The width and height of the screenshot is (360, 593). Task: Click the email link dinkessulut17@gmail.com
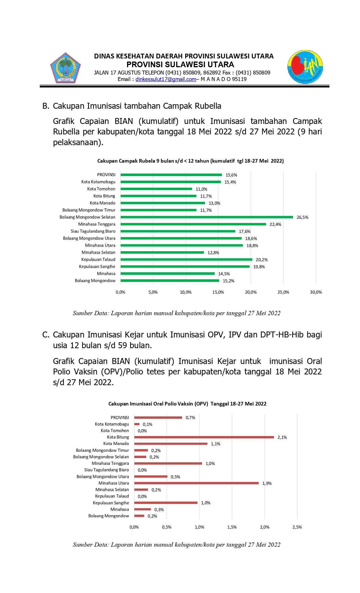click(165, 79)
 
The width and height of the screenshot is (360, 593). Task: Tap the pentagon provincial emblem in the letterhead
click(66, 68)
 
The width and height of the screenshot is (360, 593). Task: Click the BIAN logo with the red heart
click(305, 67)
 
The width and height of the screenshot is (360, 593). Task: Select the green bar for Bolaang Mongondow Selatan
click(207, 217)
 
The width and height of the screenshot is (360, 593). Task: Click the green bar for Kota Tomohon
click(156, 189)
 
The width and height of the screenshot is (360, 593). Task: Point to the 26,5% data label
click(302, 217)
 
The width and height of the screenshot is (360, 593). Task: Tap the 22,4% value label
click(275, 224)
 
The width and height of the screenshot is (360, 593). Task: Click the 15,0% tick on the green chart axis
click(218, 292)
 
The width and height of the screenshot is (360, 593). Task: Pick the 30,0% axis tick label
click(316, 292)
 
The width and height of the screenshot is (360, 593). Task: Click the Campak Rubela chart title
click(190, 161)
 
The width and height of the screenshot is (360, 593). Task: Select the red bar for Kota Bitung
click(204, 437)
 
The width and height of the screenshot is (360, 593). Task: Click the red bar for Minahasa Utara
click(196, 483)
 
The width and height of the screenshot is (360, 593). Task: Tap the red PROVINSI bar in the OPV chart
click(158, 418)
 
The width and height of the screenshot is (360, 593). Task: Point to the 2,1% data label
click(282, 437)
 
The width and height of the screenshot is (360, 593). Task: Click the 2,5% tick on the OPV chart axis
click(297, 527)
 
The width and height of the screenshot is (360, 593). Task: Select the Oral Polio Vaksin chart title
click(187, 404)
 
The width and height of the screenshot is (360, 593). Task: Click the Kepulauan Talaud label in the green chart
click(98, 260)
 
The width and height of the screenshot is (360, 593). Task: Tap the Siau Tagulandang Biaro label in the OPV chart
click(106, 470)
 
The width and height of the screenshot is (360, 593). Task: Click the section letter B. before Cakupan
click(45, 106)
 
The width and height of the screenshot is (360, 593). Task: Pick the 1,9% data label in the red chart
click(267, 483)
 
